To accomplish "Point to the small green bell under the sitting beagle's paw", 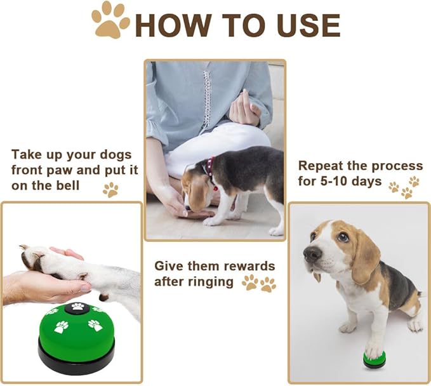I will tap(374, 359).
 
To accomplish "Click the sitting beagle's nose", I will tap(312, 255).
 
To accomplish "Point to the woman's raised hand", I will tap(244, 110).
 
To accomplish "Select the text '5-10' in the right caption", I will tap(343, 182).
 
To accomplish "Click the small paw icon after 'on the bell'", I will tap(110, 189).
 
